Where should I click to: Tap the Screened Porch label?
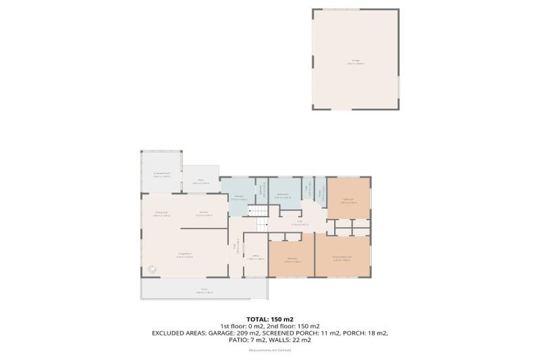pos(162,175)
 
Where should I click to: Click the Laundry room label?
pos(238,199)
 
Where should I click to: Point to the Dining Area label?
pos(162,214)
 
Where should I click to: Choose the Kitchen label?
pos(205,214)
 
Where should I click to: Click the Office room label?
pos(255,258)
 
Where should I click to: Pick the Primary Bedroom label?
pos(342,259)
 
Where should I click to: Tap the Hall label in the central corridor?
pos(300,223)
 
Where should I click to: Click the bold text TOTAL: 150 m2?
pos(270,319)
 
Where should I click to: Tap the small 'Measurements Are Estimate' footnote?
pos(270,352)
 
